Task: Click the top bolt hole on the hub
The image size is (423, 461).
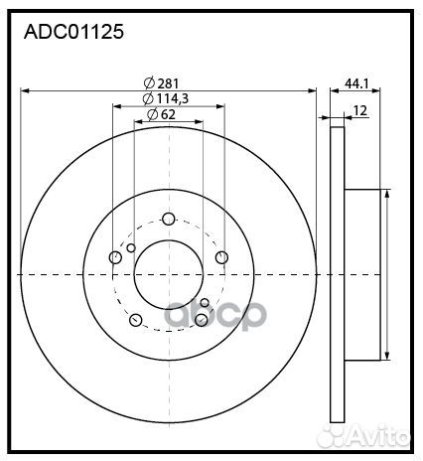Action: (168, 220)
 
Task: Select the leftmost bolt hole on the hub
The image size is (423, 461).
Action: (115, 258)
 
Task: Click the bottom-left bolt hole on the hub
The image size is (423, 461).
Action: (136, 320)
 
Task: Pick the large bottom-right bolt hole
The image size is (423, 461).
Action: (202, 319)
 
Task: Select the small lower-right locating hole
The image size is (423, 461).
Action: (205, 302)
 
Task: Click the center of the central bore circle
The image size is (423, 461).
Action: (168, 274)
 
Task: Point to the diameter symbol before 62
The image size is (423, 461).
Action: (151, 114)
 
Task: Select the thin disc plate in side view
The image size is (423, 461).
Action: (336, 274)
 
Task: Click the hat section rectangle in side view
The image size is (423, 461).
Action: (362, 274)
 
